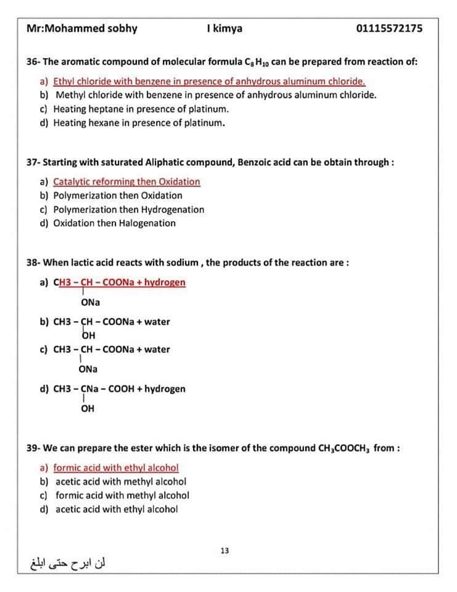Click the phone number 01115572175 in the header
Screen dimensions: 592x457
389,28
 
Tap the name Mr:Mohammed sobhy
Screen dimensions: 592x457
82,28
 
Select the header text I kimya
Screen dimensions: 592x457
225,28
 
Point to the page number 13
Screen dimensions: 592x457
224,550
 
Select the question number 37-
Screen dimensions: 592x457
33,162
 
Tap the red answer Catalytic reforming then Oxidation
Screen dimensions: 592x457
126,181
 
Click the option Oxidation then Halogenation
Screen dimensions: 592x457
114,223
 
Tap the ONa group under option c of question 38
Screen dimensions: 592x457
88,369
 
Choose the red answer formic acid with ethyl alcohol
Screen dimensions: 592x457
116,467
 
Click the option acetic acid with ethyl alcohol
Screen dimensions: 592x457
117,509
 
